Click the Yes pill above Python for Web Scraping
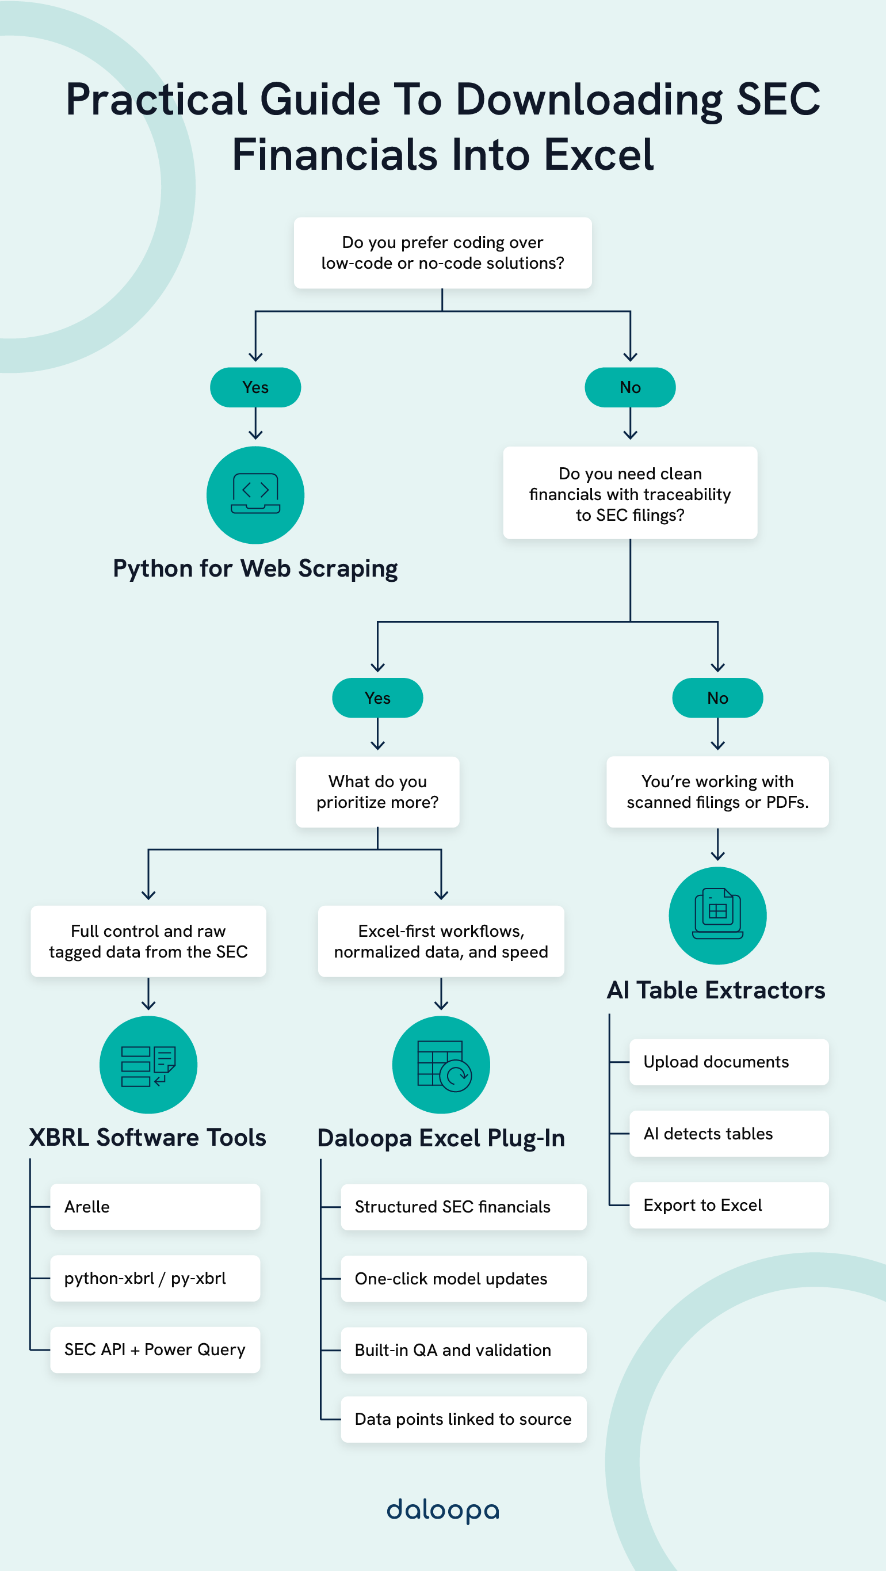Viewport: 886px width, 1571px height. [255, 387]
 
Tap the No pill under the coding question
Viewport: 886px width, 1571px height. [629, 387]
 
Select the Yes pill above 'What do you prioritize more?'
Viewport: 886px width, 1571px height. [377, 697]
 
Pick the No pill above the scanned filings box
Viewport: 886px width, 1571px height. [717, 697]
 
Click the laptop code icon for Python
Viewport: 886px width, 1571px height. [255, 494]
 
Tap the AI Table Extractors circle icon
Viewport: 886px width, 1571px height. [717, 915]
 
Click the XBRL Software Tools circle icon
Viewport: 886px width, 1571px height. [148, 1064]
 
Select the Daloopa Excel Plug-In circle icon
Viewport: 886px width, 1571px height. [441, 1064]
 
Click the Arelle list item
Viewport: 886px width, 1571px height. [155, 1206]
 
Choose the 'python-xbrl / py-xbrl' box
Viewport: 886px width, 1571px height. [155, 1278]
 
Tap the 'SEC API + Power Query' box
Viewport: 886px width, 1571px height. [155, 1349]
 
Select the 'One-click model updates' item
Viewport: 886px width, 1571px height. [464, 1278]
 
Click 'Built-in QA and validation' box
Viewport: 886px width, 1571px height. [464, 1349]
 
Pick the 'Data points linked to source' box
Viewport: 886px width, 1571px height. [464, 1419]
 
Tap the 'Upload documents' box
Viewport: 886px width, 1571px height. [729, 1062]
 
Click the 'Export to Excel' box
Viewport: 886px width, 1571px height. [729, 1205]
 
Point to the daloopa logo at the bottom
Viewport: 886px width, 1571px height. [442, 1510]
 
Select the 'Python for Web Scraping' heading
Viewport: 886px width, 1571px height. [255, 569]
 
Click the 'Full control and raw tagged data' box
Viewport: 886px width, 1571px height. [148, 941]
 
